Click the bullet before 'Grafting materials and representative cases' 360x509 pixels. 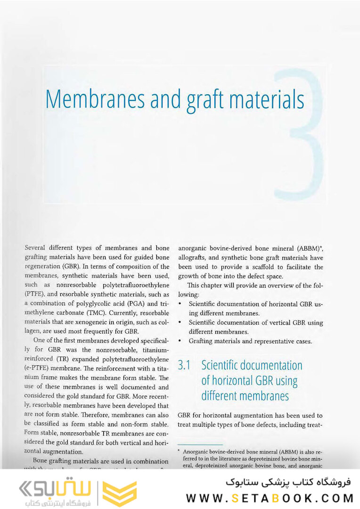click(180, 341)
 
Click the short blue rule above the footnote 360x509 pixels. click(200, 444)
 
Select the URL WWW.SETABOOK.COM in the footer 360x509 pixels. click(270, 498)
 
